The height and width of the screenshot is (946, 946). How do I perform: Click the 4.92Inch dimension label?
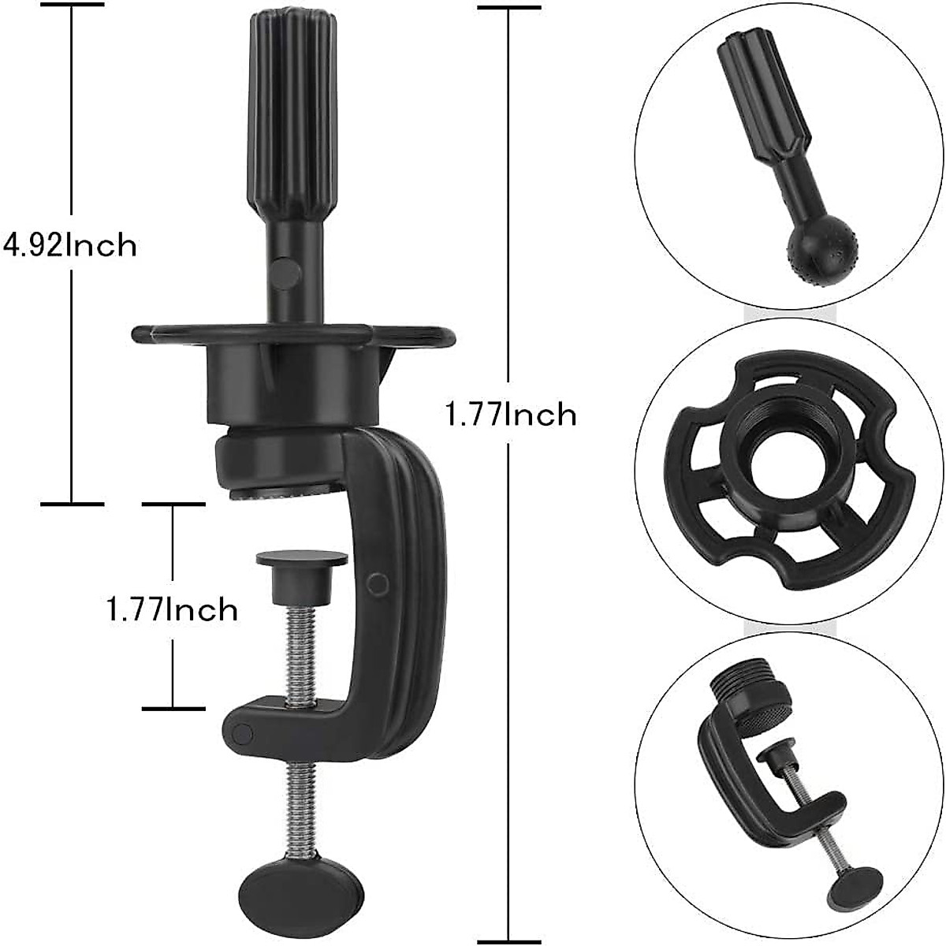point(71,245)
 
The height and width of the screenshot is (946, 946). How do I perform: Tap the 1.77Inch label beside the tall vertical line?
point(511,414)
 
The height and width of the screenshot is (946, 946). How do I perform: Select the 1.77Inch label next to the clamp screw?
point(173,609)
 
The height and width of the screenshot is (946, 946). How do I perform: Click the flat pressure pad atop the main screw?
point(302,559)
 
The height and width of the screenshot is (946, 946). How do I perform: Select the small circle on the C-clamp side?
point(378,583)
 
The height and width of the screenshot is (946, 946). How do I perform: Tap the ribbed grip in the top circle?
point(752,95)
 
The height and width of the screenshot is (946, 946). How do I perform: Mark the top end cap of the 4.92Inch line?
point(73,5)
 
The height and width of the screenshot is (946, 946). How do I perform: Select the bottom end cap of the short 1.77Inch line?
point(173,708)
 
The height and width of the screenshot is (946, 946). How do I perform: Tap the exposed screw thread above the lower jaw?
point(302,654)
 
